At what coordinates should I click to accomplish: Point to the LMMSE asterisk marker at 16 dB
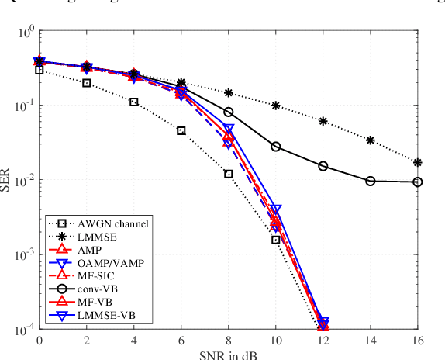418,163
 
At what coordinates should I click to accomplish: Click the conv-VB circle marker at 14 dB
371,181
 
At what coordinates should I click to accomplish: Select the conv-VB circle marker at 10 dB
276,146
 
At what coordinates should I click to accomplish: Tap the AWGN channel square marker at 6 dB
181,130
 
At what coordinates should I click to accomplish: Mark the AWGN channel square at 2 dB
87,83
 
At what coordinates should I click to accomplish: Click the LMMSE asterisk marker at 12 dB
323,121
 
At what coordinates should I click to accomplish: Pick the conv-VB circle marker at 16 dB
418,182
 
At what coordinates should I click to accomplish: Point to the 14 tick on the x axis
371,339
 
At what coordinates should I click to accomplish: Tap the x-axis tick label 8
229,339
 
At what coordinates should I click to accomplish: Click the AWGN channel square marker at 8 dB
229,174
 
